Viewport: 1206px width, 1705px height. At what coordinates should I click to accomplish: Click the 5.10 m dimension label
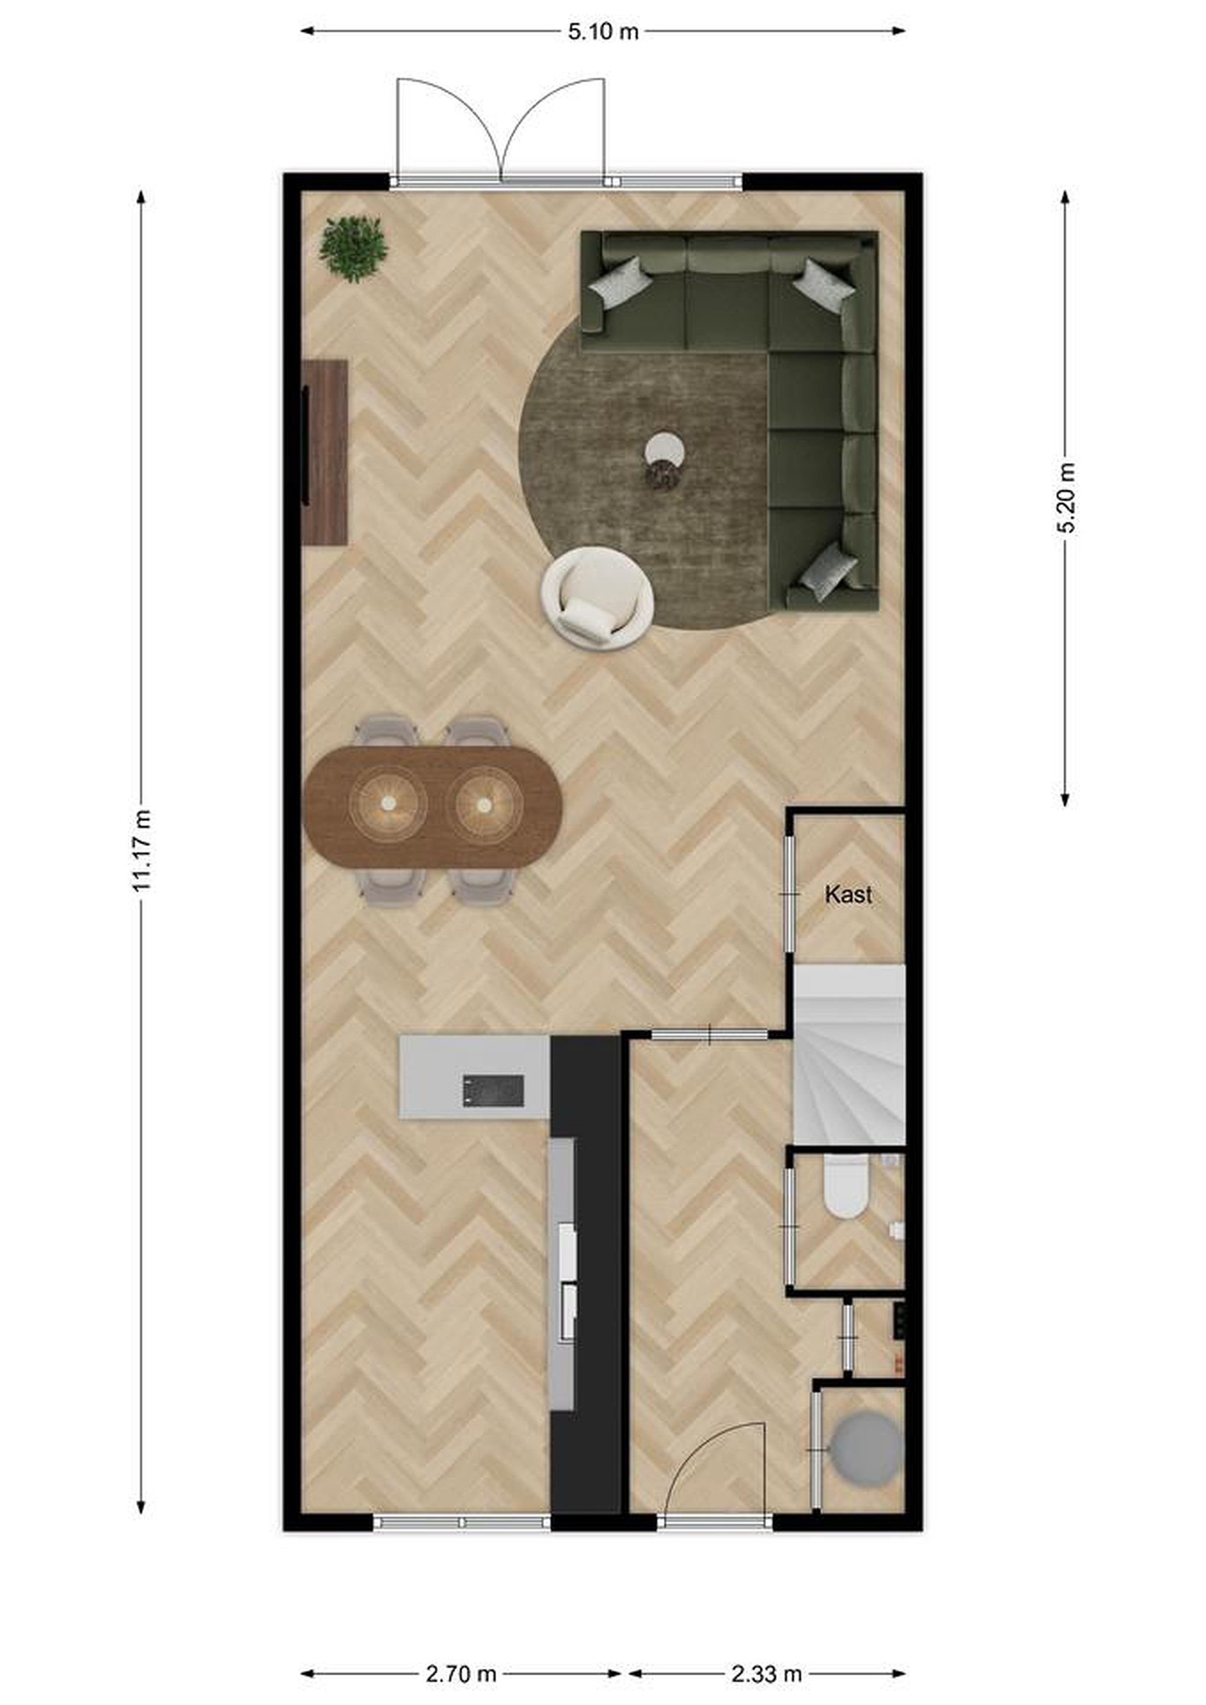(x=603, y=31)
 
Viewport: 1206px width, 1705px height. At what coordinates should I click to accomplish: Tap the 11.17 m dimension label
(x=141, y=850)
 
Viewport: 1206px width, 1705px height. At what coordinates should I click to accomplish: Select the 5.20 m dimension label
(x=1066, y=497)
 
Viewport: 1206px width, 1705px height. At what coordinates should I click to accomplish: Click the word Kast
(x=848, y=895)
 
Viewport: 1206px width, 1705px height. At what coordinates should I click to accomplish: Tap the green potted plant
(x=353, y=249)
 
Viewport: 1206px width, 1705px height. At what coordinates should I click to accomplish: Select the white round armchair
(x=598, y=599)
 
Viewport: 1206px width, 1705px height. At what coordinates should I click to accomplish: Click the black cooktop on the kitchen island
(x=493, y=1090)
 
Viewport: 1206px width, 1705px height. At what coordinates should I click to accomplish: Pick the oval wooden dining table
(x=433, y=806)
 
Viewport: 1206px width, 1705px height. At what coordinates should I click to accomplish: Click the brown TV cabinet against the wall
(x=325, y=452)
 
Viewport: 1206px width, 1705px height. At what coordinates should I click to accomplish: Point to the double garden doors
(x=501, y=130)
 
